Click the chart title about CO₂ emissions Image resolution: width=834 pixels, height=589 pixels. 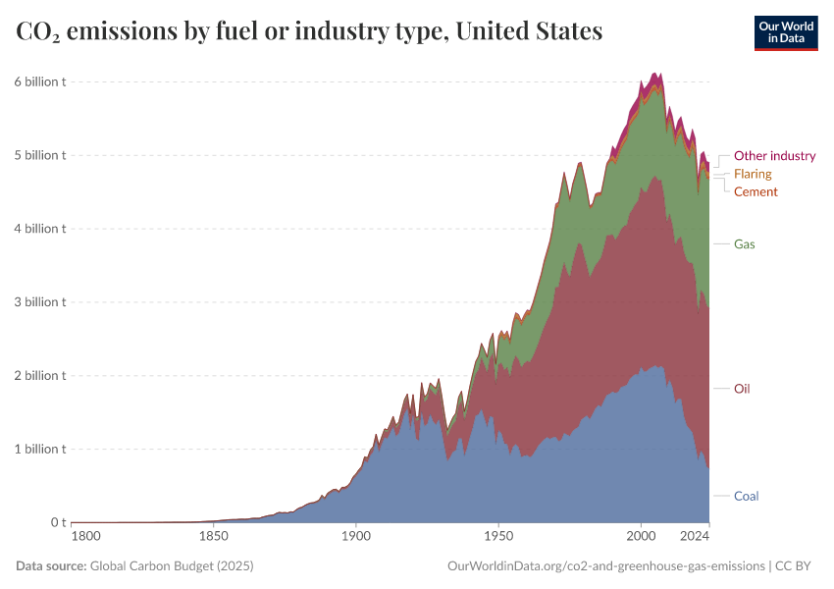(x=309, y=32)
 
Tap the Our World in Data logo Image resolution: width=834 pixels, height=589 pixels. (x=785, y=32)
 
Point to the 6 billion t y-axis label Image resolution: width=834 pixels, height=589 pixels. (x=39, y=81)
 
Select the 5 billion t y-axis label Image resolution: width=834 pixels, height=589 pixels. (x=39, y=155)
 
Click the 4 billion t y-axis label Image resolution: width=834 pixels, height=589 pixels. (x=39, y=229)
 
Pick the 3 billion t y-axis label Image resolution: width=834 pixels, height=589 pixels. (x=39, y=302)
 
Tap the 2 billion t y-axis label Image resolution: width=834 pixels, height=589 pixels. (x=39, y=376)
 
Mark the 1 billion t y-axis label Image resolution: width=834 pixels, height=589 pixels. (x=39, y=450)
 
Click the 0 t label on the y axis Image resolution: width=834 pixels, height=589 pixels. (x=58, y=523)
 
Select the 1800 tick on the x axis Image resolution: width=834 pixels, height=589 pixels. (x=85, y=537)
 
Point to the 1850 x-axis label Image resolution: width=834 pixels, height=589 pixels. (x=213, y=537)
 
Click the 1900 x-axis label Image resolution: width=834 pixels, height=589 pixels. (x=356, y=537)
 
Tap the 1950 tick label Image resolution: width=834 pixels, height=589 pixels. (x=498, y=537)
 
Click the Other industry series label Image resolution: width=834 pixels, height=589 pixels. (x=774, y=156)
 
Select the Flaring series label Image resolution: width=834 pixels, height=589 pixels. (x=753, y=174)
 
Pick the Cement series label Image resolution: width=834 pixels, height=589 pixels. (x=756, y=192)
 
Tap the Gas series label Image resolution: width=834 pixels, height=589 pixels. (x=744, y=243)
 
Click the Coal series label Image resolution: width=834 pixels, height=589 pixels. (x=746, y=496)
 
